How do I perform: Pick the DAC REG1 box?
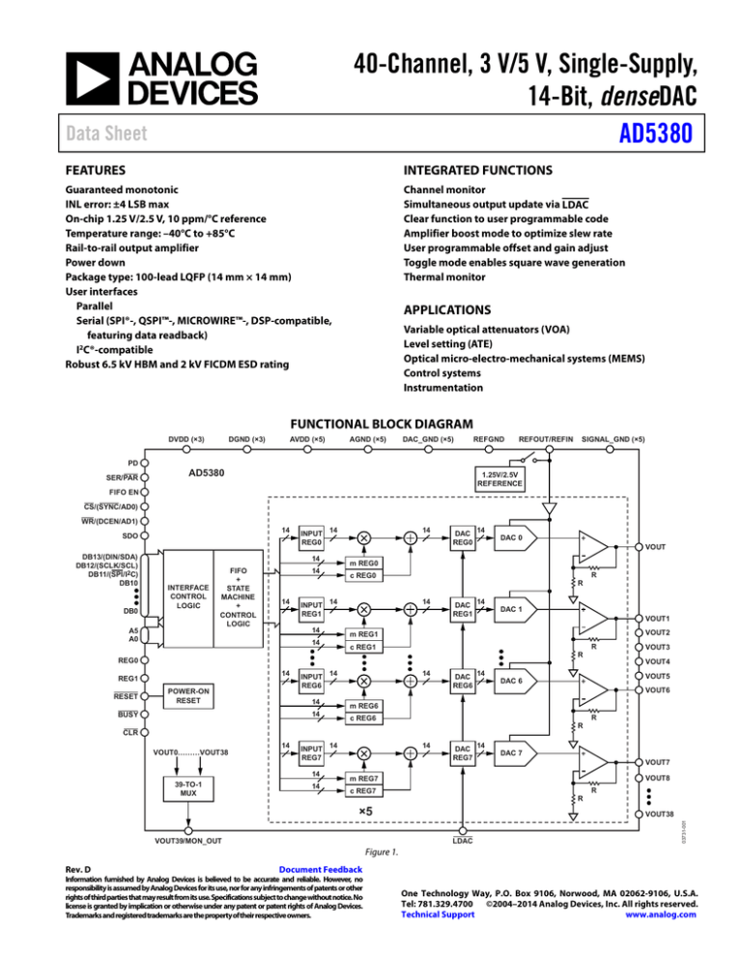tap(463, 610)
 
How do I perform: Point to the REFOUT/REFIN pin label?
tap(545, 438)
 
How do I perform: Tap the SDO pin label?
tap(124, 536)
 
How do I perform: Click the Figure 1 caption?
tap(371, 854)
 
